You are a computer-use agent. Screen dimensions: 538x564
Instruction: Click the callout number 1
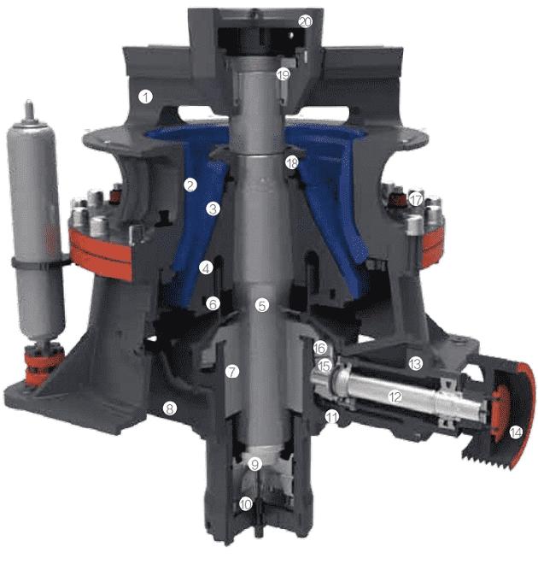point(145,97)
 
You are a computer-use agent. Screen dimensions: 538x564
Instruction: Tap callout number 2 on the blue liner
point(190,185)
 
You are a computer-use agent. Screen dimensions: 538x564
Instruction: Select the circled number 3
point(213,209)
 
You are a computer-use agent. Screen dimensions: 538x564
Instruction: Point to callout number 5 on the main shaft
point(262,305)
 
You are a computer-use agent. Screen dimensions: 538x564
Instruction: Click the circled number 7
point(232,371)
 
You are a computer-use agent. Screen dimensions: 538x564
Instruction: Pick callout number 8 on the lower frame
point(170,408)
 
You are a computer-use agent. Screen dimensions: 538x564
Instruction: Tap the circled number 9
point(254,464)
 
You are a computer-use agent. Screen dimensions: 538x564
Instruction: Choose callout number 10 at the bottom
point(246,504)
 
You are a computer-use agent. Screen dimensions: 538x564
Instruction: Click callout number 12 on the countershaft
point(395,397)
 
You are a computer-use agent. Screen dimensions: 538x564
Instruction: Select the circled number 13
point(415,364)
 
